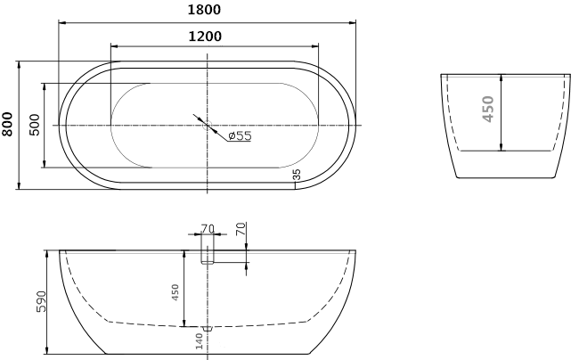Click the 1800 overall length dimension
(204, 10)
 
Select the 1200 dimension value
(205, 37)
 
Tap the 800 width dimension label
(7, 125)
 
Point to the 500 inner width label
(34, 125)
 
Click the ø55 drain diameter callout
(240, 135)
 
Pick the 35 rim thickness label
(297, 175)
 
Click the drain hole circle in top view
(208, 125)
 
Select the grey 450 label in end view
(488, 109)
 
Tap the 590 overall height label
(41, 302)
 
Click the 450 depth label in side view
(175, 292)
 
